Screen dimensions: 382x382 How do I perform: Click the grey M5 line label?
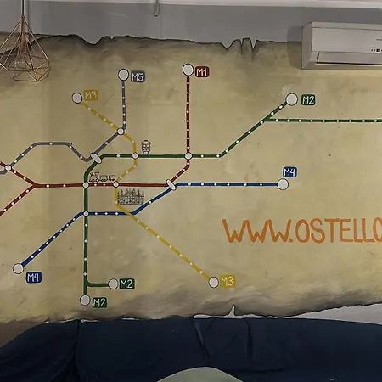click(138, 77)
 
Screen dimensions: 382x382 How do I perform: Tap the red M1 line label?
click(202, 72)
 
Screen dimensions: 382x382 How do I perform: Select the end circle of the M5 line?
click(124, 75)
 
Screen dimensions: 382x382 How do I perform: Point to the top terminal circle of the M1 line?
click(188, 69)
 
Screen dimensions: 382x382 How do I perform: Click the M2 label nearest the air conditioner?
click(308, 100)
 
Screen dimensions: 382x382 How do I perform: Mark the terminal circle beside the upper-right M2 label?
click(292, 99)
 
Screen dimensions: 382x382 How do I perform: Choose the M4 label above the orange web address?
click(289, 172)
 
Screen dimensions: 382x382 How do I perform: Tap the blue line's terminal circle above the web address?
click(283, 183)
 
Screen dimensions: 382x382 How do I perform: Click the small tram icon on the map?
click(147, 147)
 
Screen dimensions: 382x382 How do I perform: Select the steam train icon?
click(102, 178)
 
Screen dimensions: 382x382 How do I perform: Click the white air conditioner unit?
click(342, 47)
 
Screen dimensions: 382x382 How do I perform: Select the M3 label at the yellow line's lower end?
click(227, 281)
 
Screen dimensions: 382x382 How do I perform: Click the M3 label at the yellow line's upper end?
click(91, 95)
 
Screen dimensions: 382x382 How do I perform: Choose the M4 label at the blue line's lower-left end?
click(34, 277)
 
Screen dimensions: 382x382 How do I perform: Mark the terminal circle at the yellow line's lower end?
click(214, 282)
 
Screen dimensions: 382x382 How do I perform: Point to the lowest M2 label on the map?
click(99, 302)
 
